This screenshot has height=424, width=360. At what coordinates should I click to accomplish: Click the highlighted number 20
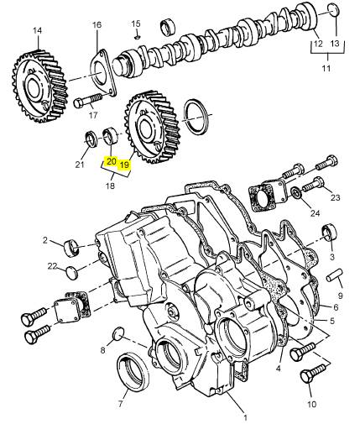[x=111, y=161]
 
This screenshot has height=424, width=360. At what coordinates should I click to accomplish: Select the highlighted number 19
[x=124, y=165]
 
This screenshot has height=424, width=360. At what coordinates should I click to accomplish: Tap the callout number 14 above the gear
[x=37, y=30]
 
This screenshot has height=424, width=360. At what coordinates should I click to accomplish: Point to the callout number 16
[x=97, y=24]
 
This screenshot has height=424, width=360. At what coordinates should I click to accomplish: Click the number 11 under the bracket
[x=326, y=68]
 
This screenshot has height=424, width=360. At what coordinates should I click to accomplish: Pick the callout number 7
[x=121, y=404]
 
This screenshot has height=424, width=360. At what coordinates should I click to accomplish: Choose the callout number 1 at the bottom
[x=245, y=418]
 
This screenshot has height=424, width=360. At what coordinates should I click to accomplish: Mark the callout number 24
[x=315, y=213]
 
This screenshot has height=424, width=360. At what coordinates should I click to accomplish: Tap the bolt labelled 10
[x=313, y=371]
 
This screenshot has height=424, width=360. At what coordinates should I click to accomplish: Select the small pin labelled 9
[x=335, y=275]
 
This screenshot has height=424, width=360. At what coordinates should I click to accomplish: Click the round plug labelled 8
[x=117, y=333]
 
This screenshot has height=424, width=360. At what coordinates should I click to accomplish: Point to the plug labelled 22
[x=71, y=273]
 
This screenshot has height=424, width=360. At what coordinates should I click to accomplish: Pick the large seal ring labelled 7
[x=133, y=371]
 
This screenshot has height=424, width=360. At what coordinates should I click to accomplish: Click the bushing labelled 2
[x=71, y=248]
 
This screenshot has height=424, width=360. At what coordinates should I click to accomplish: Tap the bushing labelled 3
[x=329, y=232]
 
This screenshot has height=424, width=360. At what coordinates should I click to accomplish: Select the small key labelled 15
[x=137, y=37]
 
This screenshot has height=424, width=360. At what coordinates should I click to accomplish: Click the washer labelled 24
[x=296, y=192]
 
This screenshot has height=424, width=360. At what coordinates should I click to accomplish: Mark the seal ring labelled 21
[x=91, y=139]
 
